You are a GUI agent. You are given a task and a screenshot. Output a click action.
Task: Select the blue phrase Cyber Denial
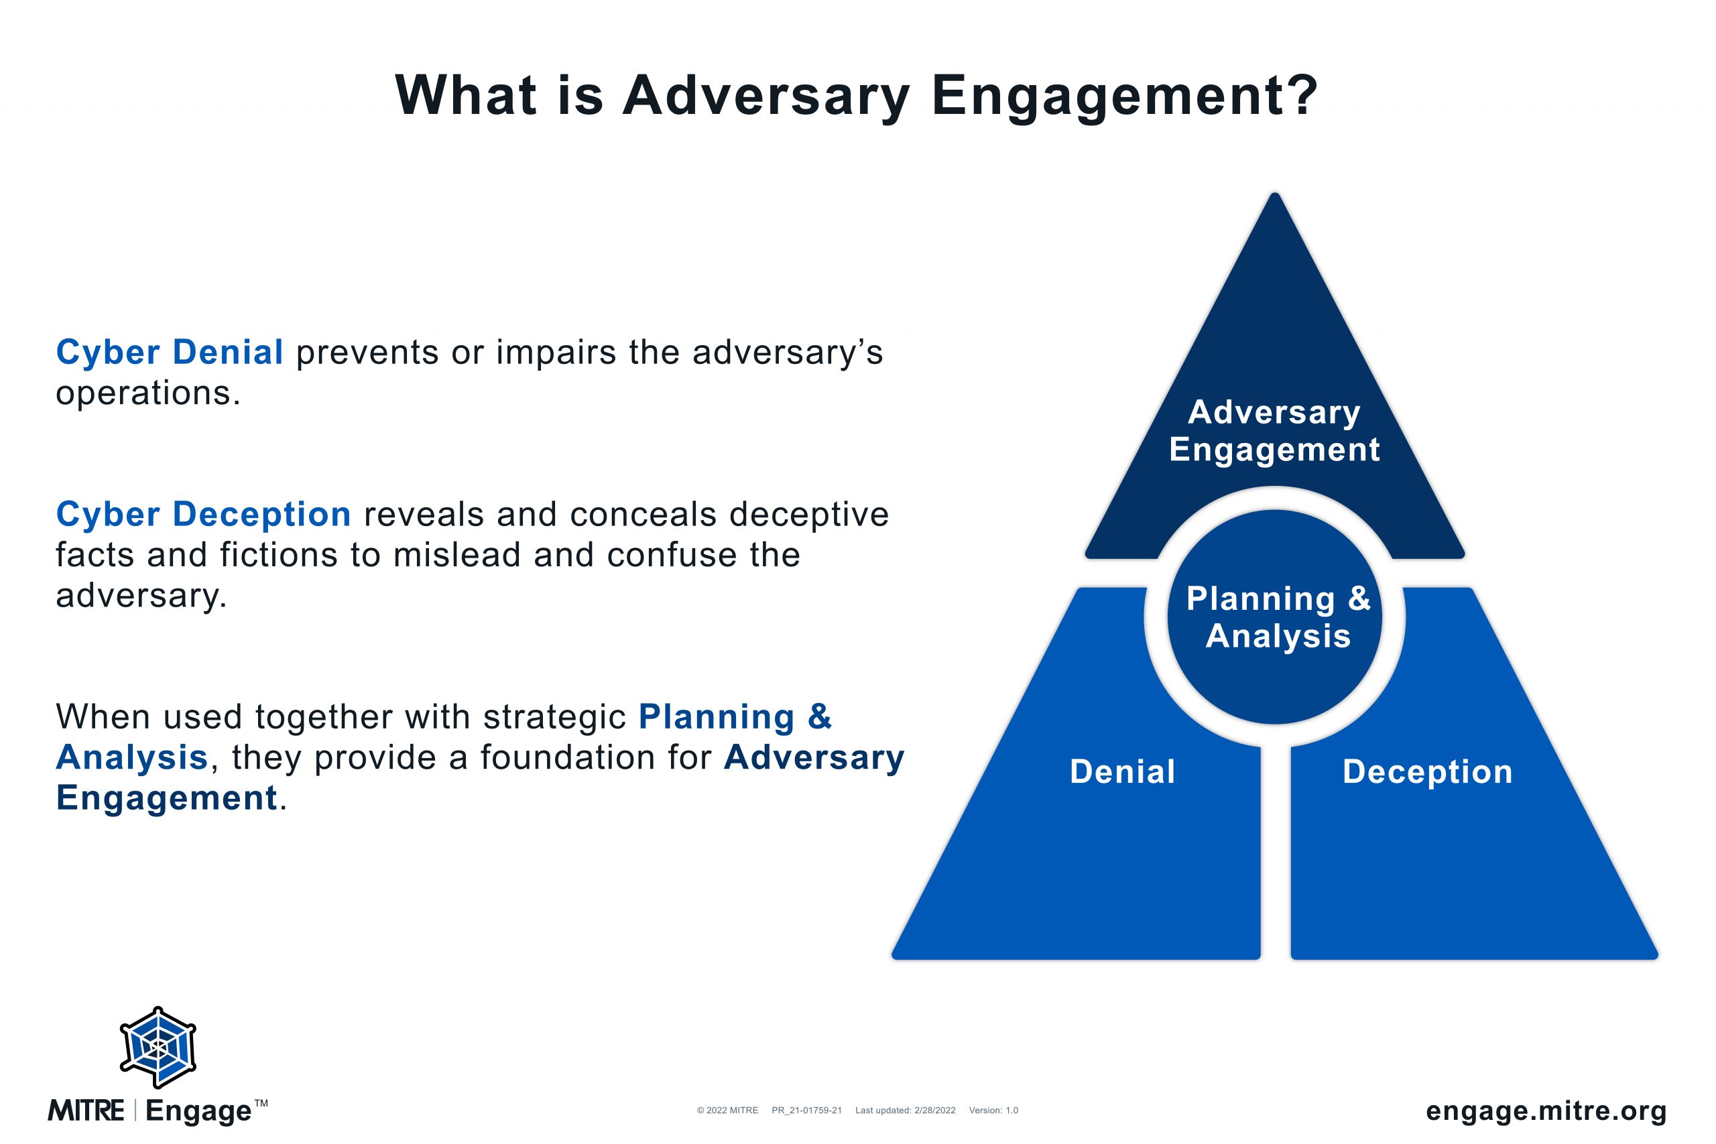170,352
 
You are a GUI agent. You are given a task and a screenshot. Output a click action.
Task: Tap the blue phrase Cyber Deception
204,513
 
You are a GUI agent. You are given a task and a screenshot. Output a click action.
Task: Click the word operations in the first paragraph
148,393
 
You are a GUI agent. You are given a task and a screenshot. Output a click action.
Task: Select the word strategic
554,717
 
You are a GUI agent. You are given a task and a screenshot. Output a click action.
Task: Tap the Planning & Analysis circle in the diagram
1274,617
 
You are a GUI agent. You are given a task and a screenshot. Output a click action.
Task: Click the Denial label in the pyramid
1122,771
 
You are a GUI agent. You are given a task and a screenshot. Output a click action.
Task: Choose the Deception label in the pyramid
1427,771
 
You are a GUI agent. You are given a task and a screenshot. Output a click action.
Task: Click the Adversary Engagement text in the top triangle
1274,431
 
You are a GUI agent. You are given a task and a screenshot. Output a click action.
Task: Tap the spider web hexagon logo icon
158,1047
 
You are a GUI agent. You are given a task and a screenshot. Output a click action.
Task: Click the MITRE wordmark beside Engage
86,1110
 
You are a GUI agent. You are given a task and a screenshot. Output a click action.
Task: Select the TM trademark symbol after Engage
261,1103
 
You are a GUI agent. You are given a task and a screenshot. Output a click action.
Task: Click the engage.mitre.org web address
1546,1110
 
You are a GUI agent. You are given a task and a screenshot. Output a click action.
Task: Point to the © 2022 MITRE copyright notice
727,1110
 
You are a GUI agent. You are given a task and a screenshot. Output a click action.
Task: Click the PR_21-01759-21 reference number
806,1110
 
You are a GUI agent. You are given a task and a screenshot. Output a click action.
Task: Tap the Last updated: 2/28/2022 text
905,1110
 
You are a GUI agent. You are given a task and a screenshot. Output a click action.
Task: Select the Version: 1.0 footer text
993,1110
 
